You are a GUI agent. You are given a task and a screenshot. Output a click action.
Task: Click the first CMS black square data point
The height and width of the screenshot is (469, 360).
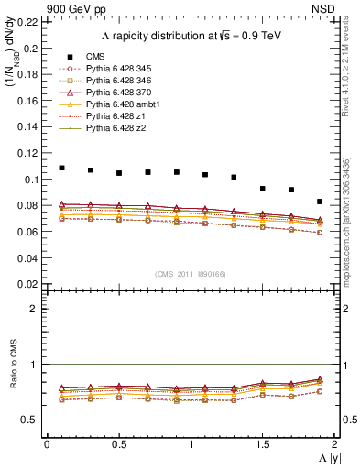pyautogui.click(x=61, y=168)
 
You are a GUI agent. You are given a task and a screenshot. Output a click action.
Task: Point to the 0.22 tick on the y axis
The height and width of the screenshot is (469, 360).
pyautogui.click(x=29, y=22)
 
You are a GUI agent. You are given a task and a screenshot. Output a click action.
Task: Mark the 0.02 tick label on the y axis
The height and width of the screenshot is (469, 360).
pyautogui.click(x=29, y=285)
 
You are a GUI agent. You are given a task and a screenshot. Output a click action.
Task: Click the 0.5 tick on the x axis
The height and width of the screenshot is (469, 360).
pyautogui.click(x=119, y=444)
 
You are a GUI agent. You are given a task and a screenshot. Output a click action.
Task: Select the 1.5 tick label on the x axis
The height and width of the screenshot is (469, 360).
pyautogui.click(x=263, y=444)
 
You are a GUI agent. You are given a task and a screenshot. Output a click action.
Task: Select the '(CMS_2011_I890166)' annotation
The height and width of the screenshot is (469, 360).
pyautogui.click(x=191, y=273)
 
